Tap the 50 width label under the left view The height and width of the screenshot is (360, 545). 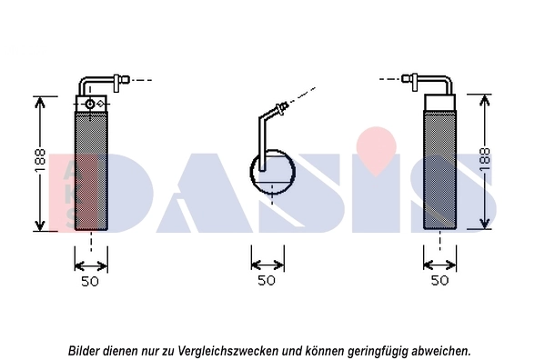click(90, 281)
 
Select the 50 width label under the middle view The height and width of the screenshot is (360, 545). click(266, 281)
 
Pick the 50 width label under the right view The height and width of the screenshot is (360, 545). click(439, 281)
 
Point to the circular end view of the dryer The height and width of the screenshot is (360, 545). click(272, 173)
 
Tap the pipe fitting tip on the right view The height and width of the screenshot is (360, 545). click(407, 80)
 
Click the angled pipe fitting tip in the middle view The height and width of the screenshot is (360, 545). click(286, 106)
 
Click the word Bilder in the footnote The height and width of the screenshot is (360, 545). click(86, 350)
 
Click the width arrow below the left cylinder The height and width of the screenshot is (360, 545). click(90, 265)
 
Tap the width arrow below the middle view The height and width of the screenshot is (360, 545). click(266, 265)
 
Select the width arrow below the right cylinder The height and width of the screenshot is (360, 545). click(440, 265)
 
